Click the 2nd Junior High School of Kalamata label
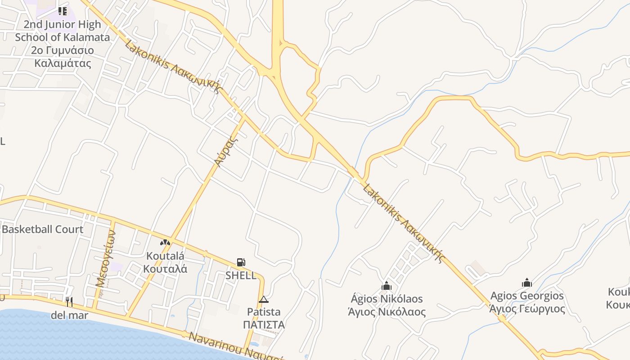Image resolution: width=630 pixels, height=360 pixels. [62, 43]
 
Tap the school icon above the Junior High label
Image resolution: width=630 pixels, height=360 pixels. [63, 11]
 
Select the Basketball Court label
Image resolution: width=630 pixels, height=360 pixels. [42, 229]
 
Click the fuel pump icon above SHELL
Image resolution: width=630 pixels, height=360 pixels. [241, 262]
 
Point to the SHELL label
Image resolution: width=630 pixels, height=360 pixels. [241, 275]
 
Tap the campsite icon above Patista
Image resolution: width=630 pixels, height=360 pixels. [264, 299]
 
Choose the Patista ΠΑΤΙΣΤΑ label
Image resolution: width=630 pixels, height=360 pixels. [264, 318]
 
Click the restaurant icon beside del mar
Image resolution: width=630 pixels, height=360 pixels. [69, 301]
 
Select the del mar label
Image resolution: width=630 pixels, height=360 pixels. [69, 315]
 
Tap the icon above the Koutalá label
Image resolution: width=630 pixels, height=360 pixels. [165, 243]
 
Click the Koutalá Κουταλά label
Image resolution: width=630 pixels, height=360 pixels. [165, 262]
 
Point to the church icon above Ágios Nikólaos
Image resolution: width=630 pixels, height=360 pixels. [387, 286]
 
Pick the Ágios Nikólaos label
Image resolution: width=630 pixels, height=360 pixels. [387, 305]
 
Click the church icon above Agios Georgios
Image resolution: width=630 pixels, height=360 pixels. [527, 283]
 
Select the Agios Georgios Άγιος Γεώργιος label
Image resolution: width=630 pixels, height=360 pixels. [527, 302]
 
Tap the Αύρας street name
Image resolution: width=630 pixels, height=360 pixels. [225, 152]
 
